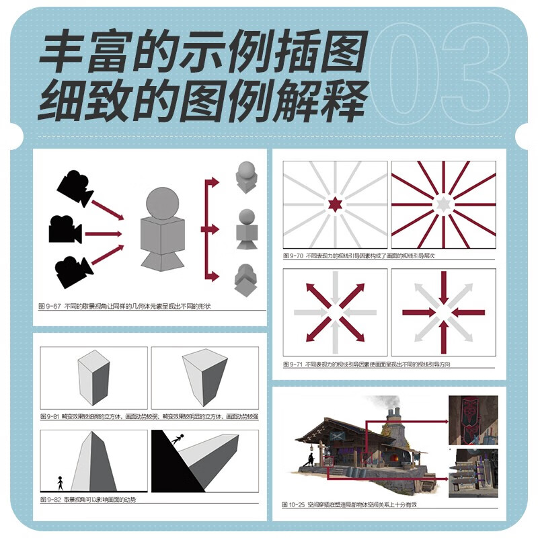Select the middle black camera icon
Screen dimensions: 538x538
click(x=65, y=231)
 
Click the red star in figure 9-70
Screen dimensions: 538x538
click(x=334, y=204)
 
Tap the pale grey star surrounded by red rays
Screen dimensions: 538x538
click(x=443, y=204)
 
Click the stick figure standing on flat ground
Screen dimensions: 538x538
click(x=60, y=482)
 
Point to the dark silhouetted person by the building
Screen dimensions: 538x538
click(x=310, y=460)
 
